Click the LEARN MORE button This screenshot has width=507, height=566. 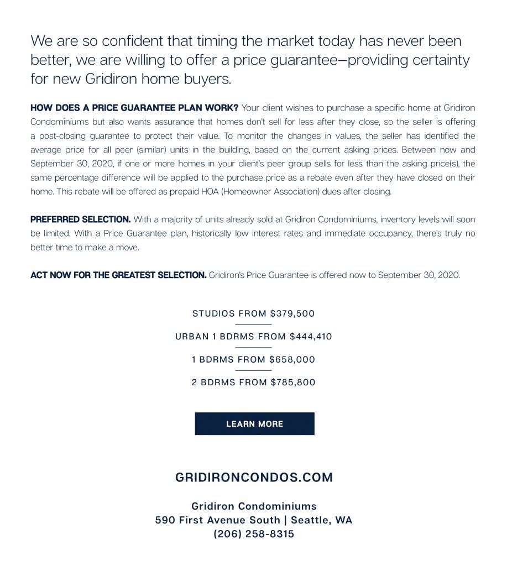coord(254,424)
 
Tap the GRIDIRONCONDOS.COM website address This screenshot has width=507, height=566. coord(254,478)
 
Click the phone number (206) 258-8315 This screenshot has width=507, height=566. coord(254,534)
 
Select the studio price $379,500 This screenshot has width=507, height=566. coord(292,313)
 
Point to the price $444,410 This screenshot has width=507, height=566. coord(311,336)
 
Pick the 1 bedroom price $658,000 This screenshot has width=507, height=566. coord(293,359)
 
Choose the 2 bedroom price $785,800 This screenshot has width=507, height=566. coord(293,382)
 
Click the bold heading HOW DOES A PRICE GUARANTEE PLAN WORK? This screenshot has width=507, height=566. coord(134,107)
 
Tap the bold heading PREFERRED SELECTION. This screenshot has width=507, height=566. coord(81,219)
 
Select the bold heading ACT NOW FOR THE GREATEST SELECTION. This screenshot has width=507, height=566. coord(118,275)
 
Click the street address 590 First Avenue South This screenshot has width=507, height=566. coord(217,520)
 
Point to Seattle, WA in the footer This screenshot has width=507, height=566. coord(321,520)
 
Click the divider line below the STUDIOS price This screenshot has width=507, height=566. coord(254,324)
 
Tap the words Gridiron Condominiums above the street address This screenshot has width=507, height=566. coord(254,506)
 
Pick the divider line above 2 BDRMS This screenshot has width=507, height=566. coord(254,370)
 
